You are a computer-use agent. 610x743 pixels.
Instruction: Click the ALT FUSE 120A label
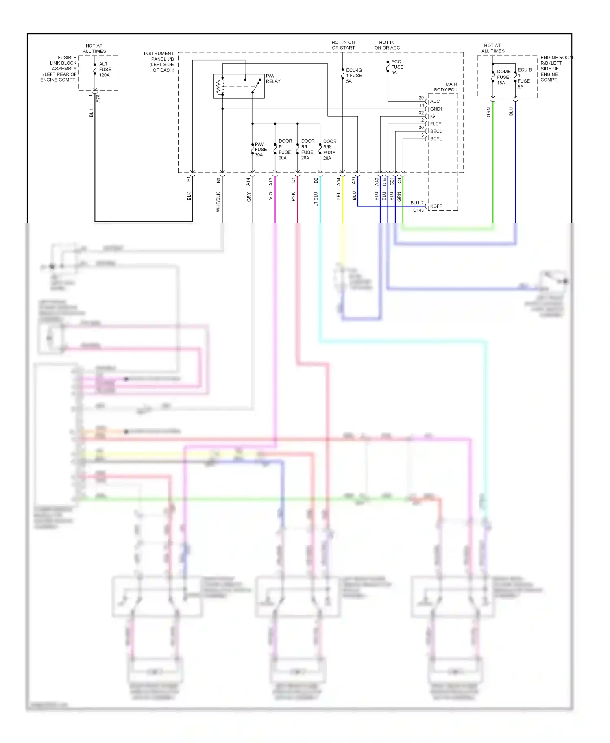click(105, 70)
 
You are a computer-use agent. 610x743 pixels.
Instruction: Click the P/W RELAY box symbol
click(239, 86)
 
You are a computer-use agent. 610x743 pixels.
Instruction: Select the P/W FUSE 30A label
click(260, 150)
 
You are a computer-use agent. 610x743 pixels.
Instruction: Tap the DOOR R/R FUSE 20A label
click(329, 150)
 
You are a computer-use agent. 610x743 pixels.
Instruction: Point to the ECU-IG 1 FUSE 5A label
click(353, 76)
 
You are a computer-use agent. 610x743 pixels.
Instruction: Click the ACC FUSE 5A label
click(396, 67)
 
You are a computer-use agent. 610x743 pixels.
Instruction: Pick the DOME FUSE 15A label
click(503, 77)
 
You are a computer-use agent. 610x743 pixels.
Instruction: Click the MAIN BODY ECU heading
click(446, 87)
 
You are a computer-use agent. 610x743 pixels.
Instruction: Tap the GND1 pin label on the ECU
click(436, 109)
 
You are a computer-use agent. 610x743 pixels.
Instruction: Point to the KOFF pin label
click(436, 206)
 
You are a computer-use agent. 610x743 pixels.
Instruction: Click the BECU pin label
click(436, 131)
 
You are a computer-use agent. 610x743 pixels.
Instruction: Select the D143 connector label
click(418, 211)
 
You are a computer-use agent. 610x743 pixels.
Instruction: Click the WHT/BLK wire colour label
click(218, 202)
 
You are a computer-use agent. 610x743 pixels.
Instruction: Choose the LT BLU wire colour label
click(316, 199)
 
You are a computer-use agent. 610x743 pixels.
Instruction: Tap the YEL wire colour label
click(338, 196)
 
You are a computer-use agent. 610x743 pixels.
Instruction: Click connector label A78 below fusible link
click(98, 98)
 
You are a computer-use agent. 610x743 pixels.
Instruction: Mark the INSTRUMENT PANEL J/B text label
click(159, 62)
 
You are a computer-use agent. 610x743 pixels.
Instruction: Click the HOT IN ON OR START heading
click(343, 45)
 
